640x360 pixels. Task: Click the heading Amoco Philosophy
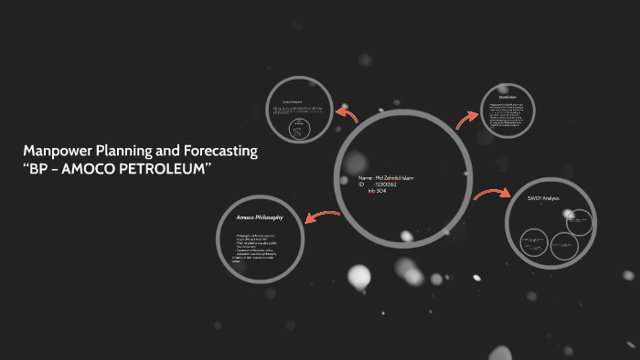pos(260,217)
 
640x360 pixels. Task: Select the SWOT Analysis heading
pos(543,198)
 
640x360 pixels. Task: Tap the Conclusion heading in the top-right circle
pos(508,98)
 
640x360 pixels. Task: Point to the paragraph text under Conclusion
pos(508,117)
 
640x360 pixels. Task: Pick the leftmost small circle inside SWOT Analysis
pos(534,243)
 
